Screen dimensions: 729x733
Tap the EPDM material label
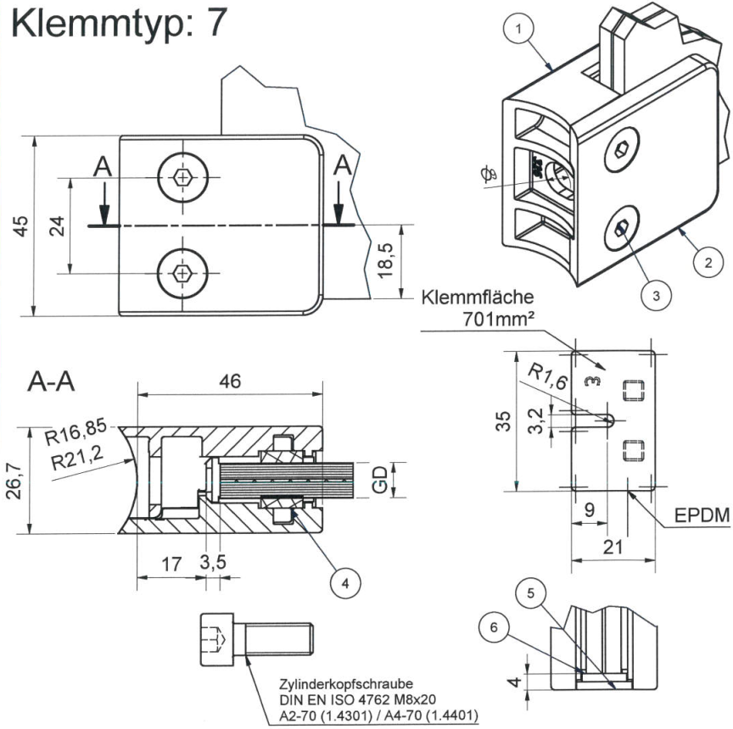coord(700,517)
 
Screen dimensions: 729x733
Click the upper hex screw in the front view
coord(182,177)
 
